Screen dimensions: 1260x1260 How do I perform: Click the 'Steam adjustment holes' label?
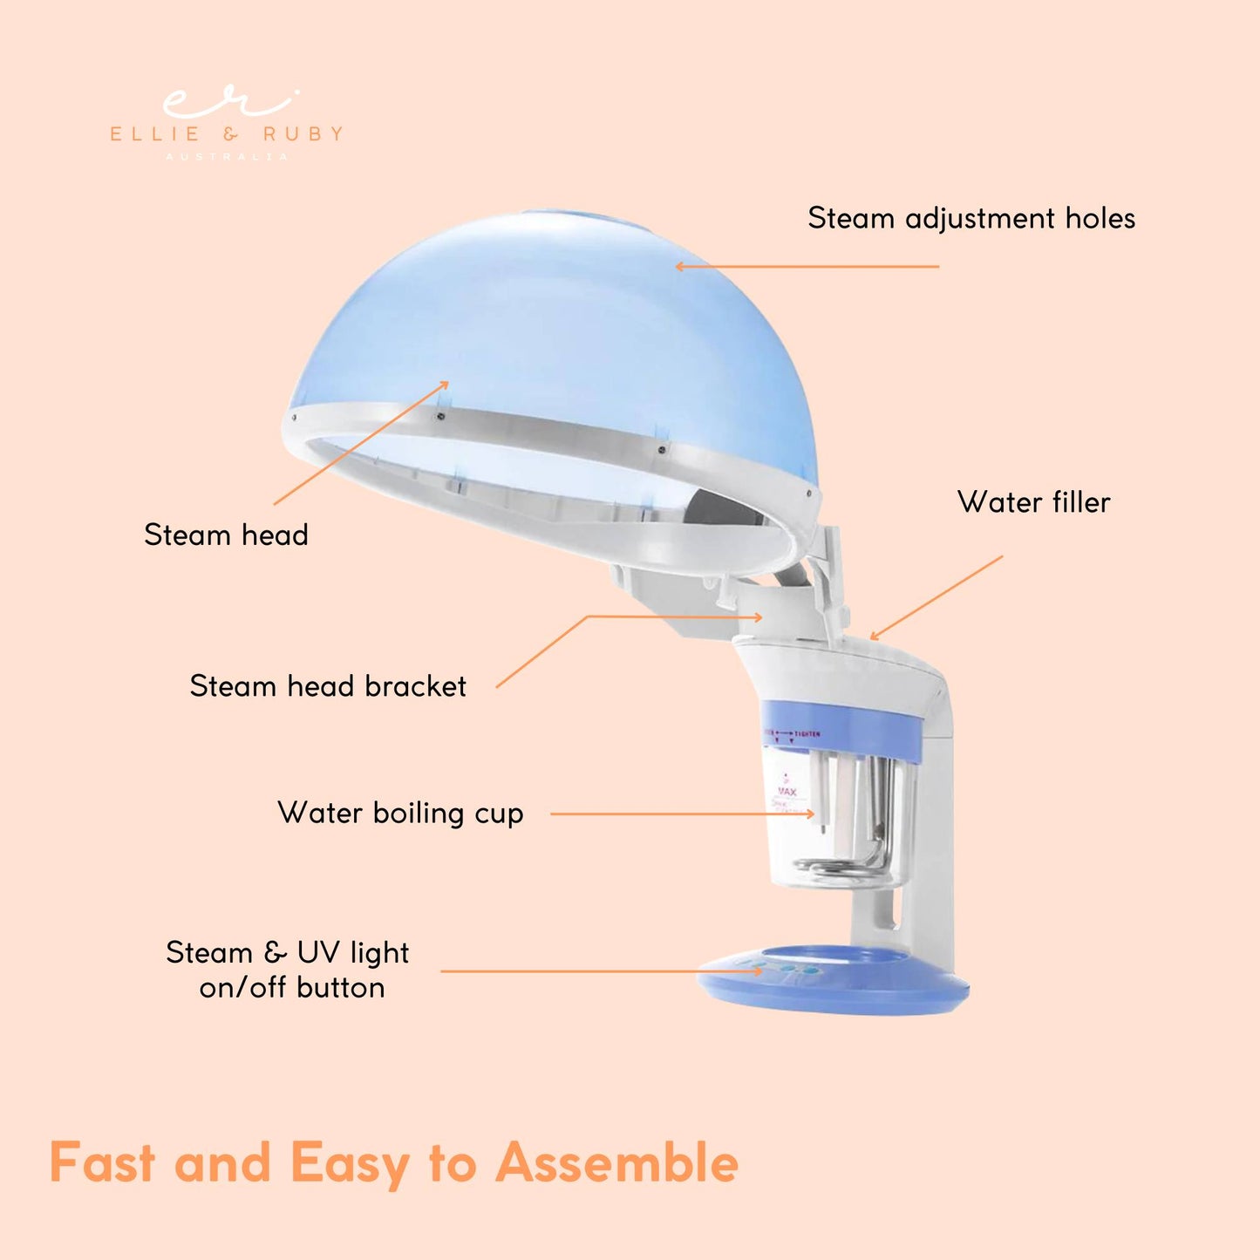(971, 218)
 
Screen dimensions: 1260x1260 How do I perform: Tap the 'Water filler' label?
(1033, 502)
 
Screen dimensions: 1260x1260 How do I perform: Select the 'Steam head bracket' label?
(328, 686)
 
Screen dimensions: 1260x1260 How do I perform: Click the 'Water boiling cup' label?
(400, 813)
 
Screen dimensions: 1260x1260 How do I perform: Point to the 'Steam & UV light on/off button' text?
(288, 970)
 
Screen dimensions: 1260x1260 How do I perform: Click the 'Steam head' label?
(226, 535)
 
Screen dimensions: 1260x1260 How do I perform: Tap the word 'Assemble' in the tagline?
(616, 1163)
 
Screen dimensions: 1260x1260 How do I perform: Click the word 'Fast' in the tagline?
(102, 1163)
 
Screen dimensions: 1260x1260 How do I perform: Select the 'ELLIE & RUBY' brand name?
(227, 134)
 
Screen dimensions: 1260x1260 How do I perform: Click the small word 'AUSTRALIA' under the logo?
(227, 157)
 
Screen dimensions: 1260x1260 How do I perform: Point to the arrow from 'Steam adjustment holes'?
(807, 266)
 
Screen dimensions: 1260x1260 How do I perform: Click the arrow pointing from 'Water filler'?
(936, 597)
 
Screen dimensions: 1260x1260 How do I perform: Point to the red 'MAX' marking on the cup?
(787, 792)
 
